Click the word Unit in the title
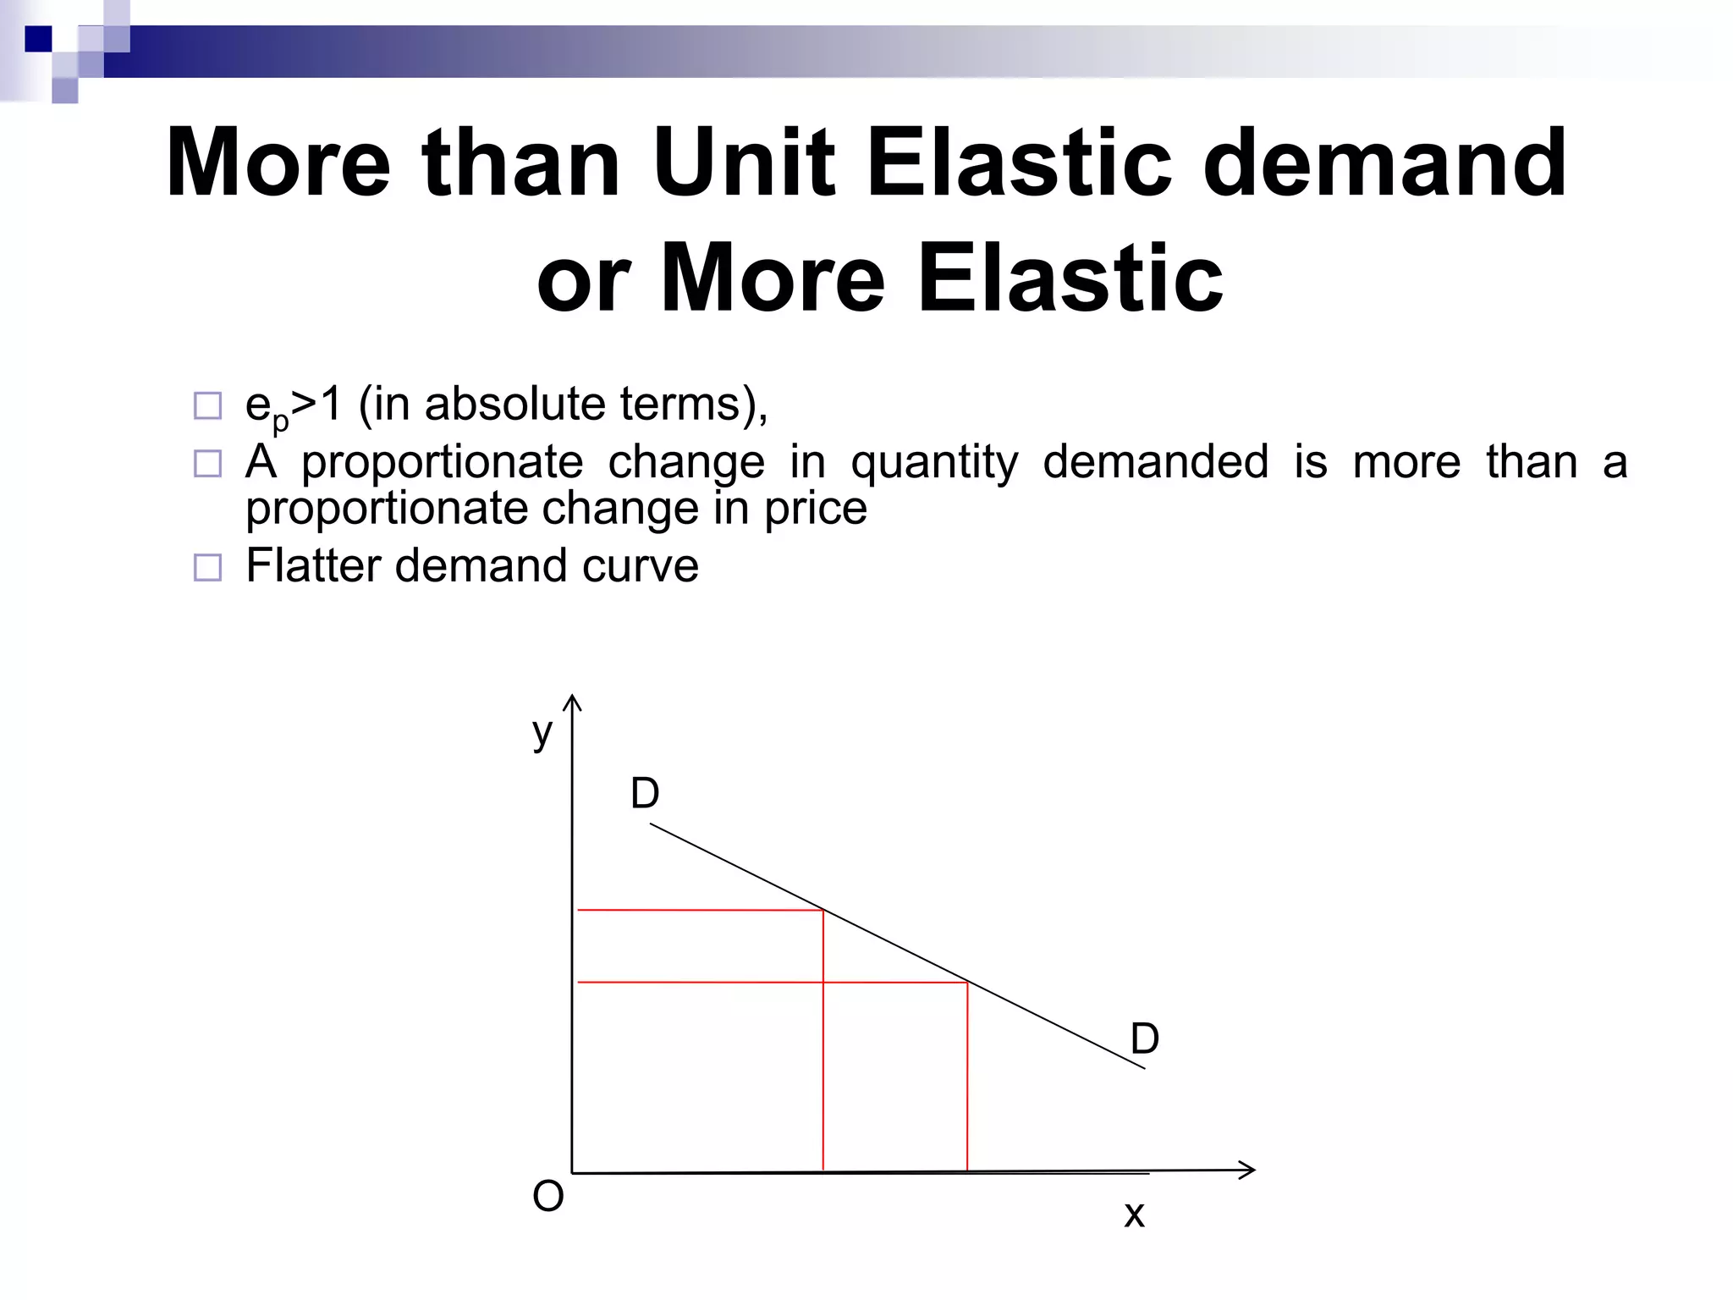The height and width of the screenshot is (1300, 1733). click(x=746, y=162)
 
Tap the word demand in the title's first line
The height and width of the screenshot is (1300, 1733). click(x=1384, y=162)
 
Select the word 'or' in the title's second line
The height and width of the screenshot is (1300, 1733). click(x=583, y=279)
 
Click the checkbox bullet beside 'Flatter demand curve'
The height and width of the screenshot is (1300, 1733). click(x=207, y=567)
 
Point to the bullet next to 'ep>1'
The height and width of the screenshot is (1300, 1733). click(x=207, y=406)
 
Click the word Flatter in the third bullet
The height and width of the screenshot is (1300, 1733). click(x=312, y=565)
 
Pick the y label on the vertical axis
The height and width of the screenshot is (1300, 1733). click(x=542, y=732)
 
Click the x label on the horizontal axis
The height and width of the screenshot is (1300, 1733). click(x=1134, y=1215)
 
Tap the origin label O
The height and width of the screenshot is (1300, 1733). click(x=547, y=1197)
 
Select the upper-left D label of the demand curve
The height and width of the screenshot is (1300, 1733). click(x=645, y=794)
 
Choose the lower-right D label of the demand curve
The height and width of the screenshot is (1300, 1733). click(x=1144, y=1038)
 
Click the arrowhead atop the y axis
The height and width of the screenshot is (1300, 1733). click(x=573, y=702)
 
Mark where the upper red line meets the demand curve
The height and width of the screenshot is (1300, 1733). click(x=823, y=911)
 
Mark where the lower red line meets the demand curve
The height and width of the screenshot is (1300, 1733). click(x=967, y=983)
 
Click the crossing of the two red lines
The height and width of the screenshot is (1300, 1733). click(x=823, y=983)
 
